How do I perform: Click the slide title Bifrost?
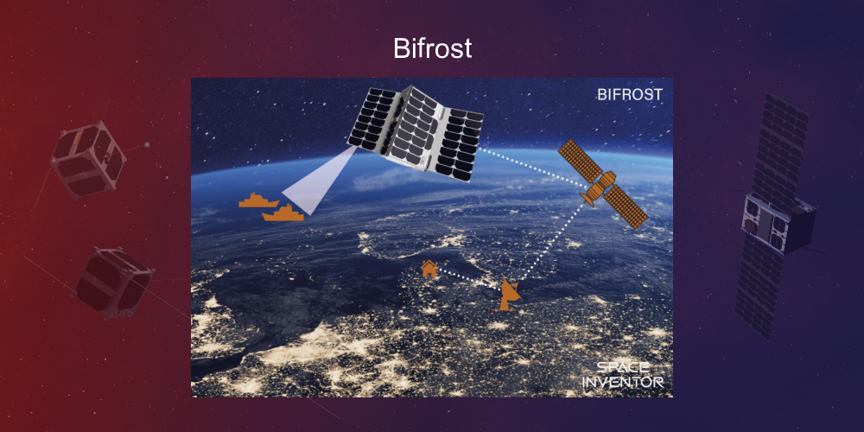point(432,48)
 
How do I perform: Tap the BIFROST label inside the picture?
point(629,94)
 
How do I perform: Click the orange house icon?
point(429,269)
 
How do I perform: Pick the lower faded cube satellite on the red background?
point(112,281)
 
